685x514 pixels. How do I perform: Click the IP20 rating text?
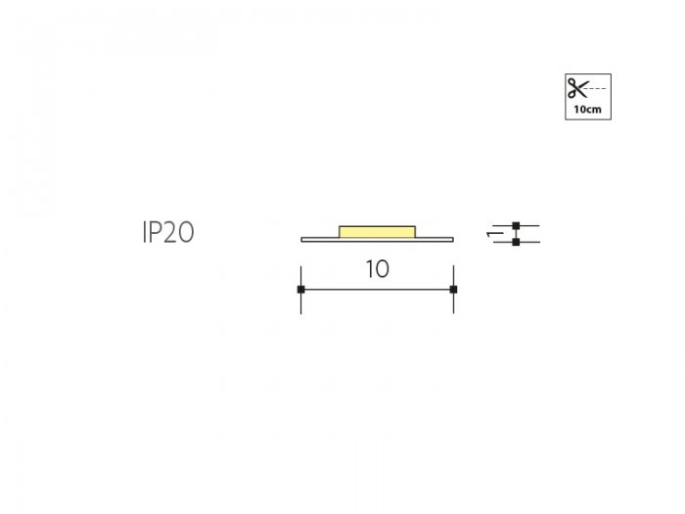pyautogui.click(x=168, y=232)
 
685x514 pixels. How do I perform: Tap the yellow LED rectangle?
pyautogui.click(x=378, y=232)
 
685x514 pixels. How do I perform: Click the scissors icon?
pyautogui.click(x=577, y=88)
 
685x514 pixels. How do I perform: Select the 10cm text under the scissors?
pyautogui.click(x=587, y=110)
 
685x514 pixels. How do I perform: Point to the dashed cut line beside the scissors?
pyautogui.click(x=597, y=88)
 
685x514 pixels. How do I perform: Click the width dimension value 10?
pyautogui.click(x=377, y=269)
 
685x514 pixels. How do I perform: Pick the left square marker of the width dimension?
pyautogui.click(x=301, y=290)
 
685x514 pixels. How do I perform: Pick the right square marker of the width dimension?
pyautogui.click(x=453, y=290)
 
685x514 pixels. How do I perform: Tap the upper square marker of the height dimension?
pyautogui.click(x=516, y=226)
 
